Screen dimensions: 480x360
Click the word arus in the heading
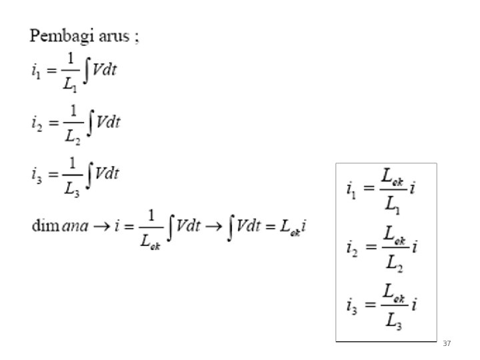click(x=112, y=37)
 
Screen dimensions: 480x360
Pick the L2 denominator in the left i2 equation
click(x=71, y=137)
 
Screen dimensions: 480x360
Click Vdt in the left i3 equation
click(x=107, y=173)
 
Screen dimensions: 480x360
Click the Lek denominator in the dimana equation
click(x=152, y=241)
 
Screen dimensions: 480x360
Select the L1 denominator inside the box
click(x=391, y=209)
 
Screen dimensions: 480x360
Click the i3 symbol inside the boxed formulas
click(x=351, y=307)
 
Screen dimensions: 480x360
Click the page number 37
click(x=447, y=343)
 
